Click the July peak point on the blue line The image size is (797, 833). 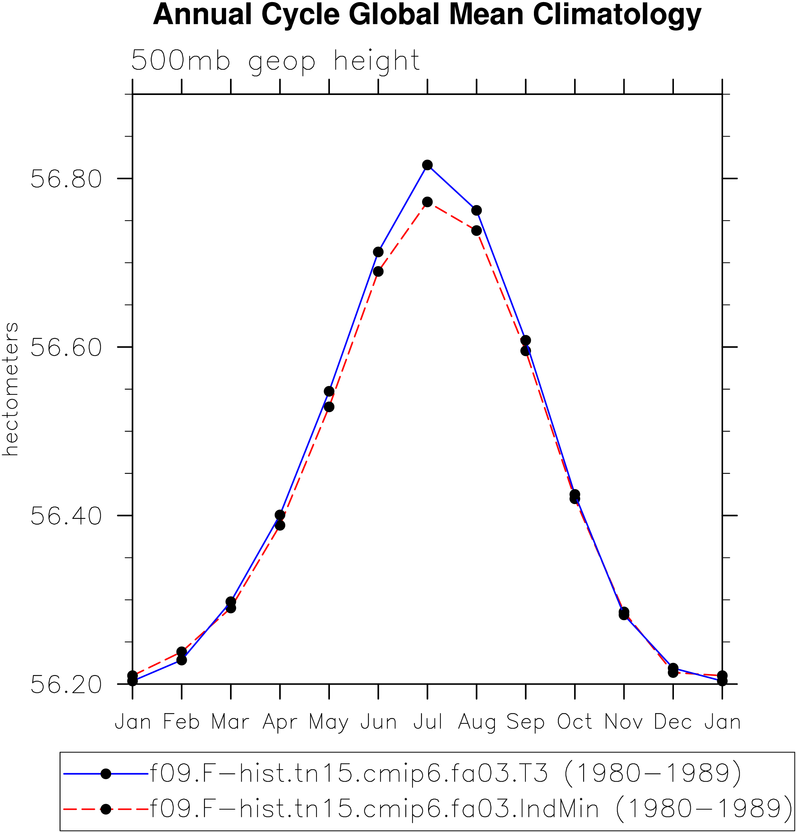point(427,165)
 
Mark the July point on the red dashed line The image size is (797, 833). point(427,202)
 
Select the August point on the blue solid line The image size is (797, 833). point(477,210)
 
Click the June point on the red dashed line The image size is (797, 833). point(378,271)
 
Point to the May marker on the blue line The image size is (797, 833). point(329,391)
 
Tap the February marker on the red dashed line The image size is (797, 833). point(181,651)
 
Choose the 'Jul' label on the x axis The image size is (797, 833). point(428,722)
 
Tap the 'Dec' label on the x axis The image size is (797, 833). point(673,722)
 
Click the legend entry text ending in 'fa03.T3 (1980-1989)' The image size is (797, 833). point(445,774)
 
